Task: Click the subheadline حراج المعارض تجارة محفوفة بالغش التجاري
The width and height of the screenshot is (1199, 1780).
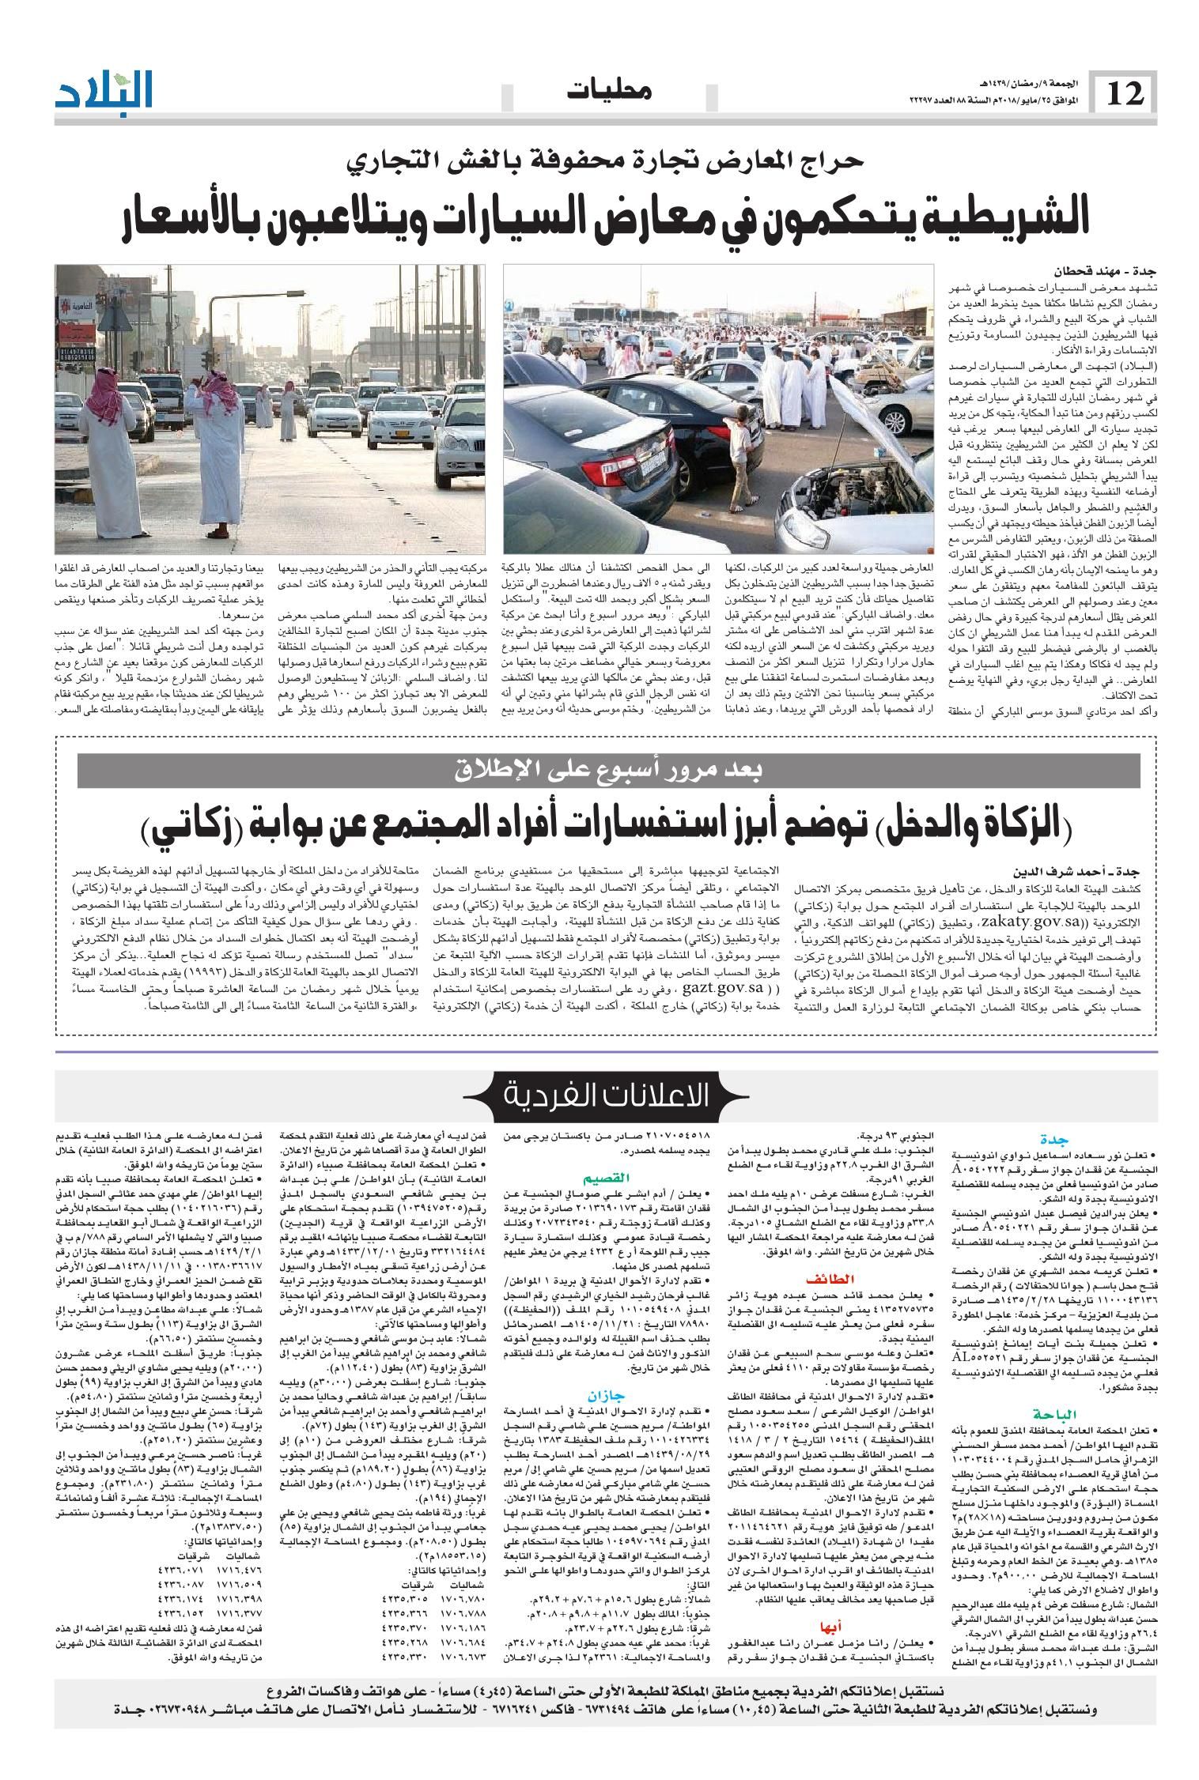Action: [609, 161]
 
